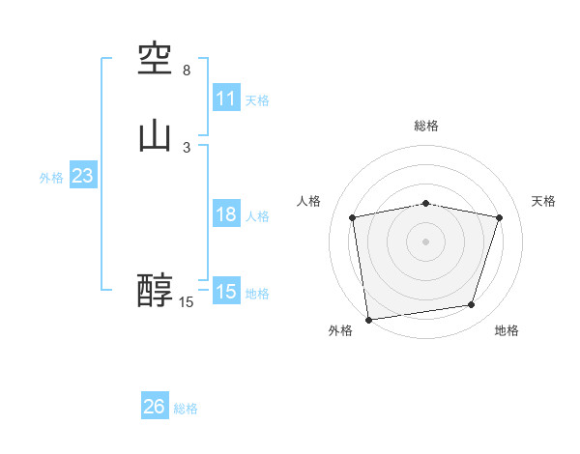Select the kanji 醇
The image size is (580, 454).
156,291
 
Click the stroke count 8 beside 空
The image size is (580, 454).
187,71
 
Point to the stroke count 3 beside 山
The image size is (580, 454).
187,147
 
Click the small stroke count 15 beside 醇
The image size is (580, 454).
186,302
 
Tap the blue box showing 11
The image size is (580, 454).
226,99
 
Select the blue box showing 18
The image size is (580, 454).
226,214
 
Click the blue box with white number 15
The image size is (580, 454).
226,292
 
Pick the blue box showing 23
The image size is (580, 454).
82,176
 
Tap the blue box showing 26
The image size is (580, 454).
155,407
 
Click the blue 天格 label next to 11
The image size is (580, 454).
257,99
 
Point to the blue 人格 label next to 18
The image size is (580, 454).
257,215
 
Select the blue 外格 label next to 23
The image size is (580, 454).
51,177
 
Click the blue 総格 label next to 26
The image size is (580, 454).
186,408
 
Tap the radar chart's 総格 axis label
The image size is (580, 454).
425,126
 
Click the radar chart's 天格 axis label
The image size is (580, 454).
544,201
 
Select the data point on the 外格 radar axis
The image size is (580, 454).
368,319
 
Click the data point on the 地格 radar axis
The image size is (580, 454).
472,305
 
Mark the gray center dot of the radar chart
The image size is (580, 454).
425,241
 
